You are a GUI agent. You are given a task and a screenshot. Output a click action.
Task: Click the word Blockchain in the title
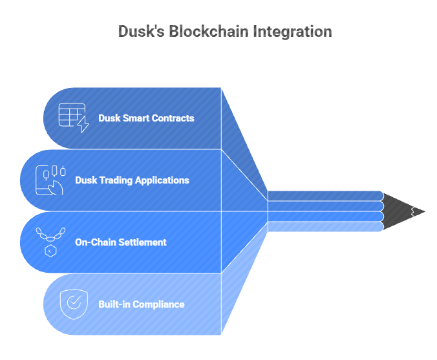(x=208, y=31)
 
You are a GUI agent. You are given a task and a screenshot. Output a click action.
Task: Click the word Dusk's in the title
(x=142, y=31)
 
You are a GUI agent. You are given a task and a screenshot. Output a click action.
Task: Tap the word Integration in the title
(x=292, y=32)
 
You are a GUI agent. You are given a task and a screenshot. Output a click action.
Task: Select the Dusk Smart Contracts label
(x=146, y=118)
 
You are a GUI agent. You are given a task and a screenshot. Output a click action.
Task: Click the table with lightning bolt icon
(x=74, y=118)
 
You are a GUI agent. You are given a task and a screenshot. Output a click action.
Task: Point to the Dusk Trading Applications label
(x=132, y=180)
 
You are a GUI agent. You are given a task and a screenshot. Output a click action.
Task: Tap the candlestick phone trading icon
(x=50, y=180)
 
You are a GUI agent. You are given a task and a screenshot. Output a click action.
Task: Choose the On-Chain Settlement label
(x=121, y=242)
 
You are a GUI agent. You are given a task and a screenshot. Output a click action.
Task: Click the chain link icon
(x=50, y=235)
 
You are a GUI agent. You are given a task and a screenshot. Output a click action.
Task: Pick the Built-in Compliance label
(x=142, y=304)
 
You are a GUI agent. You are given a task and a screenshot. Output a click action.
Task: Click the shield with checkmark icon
(x=74, y=304)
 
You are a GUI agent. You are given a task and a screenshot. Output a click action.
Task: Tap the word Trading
(x=116, y=180)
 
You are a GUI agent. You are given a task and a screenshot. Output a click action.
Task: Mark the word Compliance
(x=158, y=304)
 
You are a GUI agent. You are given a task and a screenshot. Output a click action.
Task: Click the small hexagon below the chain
(x=50, y=251)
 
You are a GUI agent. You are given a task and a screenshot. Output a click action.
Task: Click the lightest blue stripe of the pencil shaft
(x=326, y=227)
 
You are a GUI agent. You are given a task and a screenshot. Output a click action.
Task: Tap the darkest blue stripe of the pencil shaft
(x=326, y=196)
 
